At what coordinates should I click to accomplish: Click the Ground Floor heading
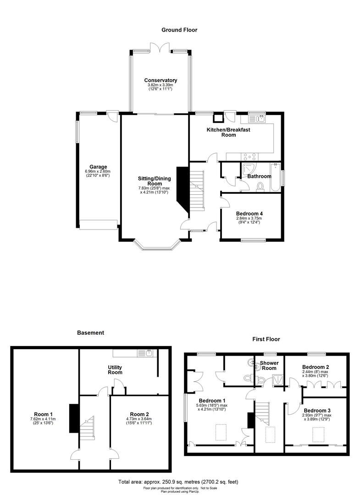tap(179, 30)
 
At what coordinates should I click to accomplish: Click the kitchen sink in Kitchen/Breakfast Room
tap(257, 119)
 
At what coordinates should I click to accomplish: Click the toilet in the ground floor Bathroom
tap(261, 187)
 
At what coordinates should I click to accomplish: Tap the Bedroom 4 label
tap(249, 214)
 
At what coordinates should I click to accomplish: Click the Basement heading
tap(90, 333)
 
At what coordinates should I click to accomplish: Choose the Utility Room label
tap(115, 369)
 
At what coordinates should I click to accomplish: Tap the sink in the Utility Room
tap(150, 353)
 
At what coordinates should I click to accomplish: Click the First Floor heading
tap(266, 339)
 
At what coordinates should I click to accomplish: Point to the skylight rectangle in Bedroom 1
tap(221, 432)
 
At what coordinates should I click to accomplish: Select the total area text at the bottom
tap(179, 482)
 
